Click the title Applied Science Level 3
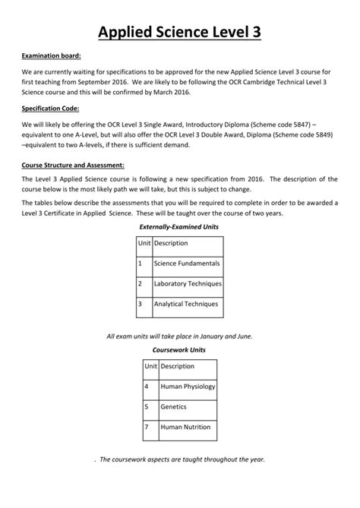click(180, 32)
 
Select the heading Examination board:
click(50, 55)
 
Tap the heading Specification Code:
click(51, 109)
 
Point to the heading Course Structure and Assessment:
click(74, 164)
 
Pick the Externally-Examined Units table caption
click(179, 227)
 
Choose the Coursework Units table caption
click(179, 350)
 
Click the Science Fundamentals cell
click(187, 264)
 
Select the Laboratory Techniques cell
click(187, 284)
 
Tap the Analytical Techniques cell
click(186, 304)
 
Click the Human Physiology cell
click(188, 387)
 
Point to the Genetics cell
click(174, 407)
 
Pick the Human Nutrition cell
click(185, 428)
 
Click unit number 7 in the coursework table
click(146, 428)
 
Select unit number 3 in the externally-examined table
click(140, 304)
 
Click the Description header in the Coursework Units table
click(178, 367)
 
